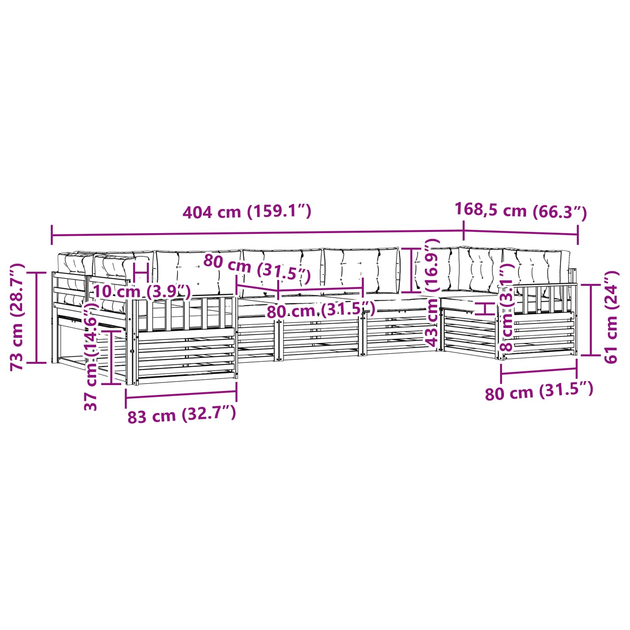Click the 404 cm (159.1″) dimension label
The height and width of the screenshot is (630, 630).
[247, 212]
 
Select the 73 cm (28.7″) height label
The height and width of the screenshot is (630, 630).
[18, 317]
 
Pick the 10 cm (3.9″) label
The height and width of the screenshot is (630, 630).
[142, 292]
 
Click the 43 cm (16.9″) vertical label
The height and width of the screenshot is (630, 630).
[432, 293]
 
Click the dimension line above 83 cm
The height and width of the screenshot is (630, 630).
[181, 395]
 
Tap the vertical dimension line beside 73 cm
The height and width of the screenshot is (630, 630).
[37, 317]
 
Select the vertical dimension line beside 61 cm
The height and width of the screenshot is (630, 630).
[591, 320]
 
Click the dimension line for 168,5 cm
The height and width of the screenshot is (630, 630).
[521, 233]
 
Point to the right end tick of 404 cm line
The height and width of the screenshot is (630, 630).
[463, 231]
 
